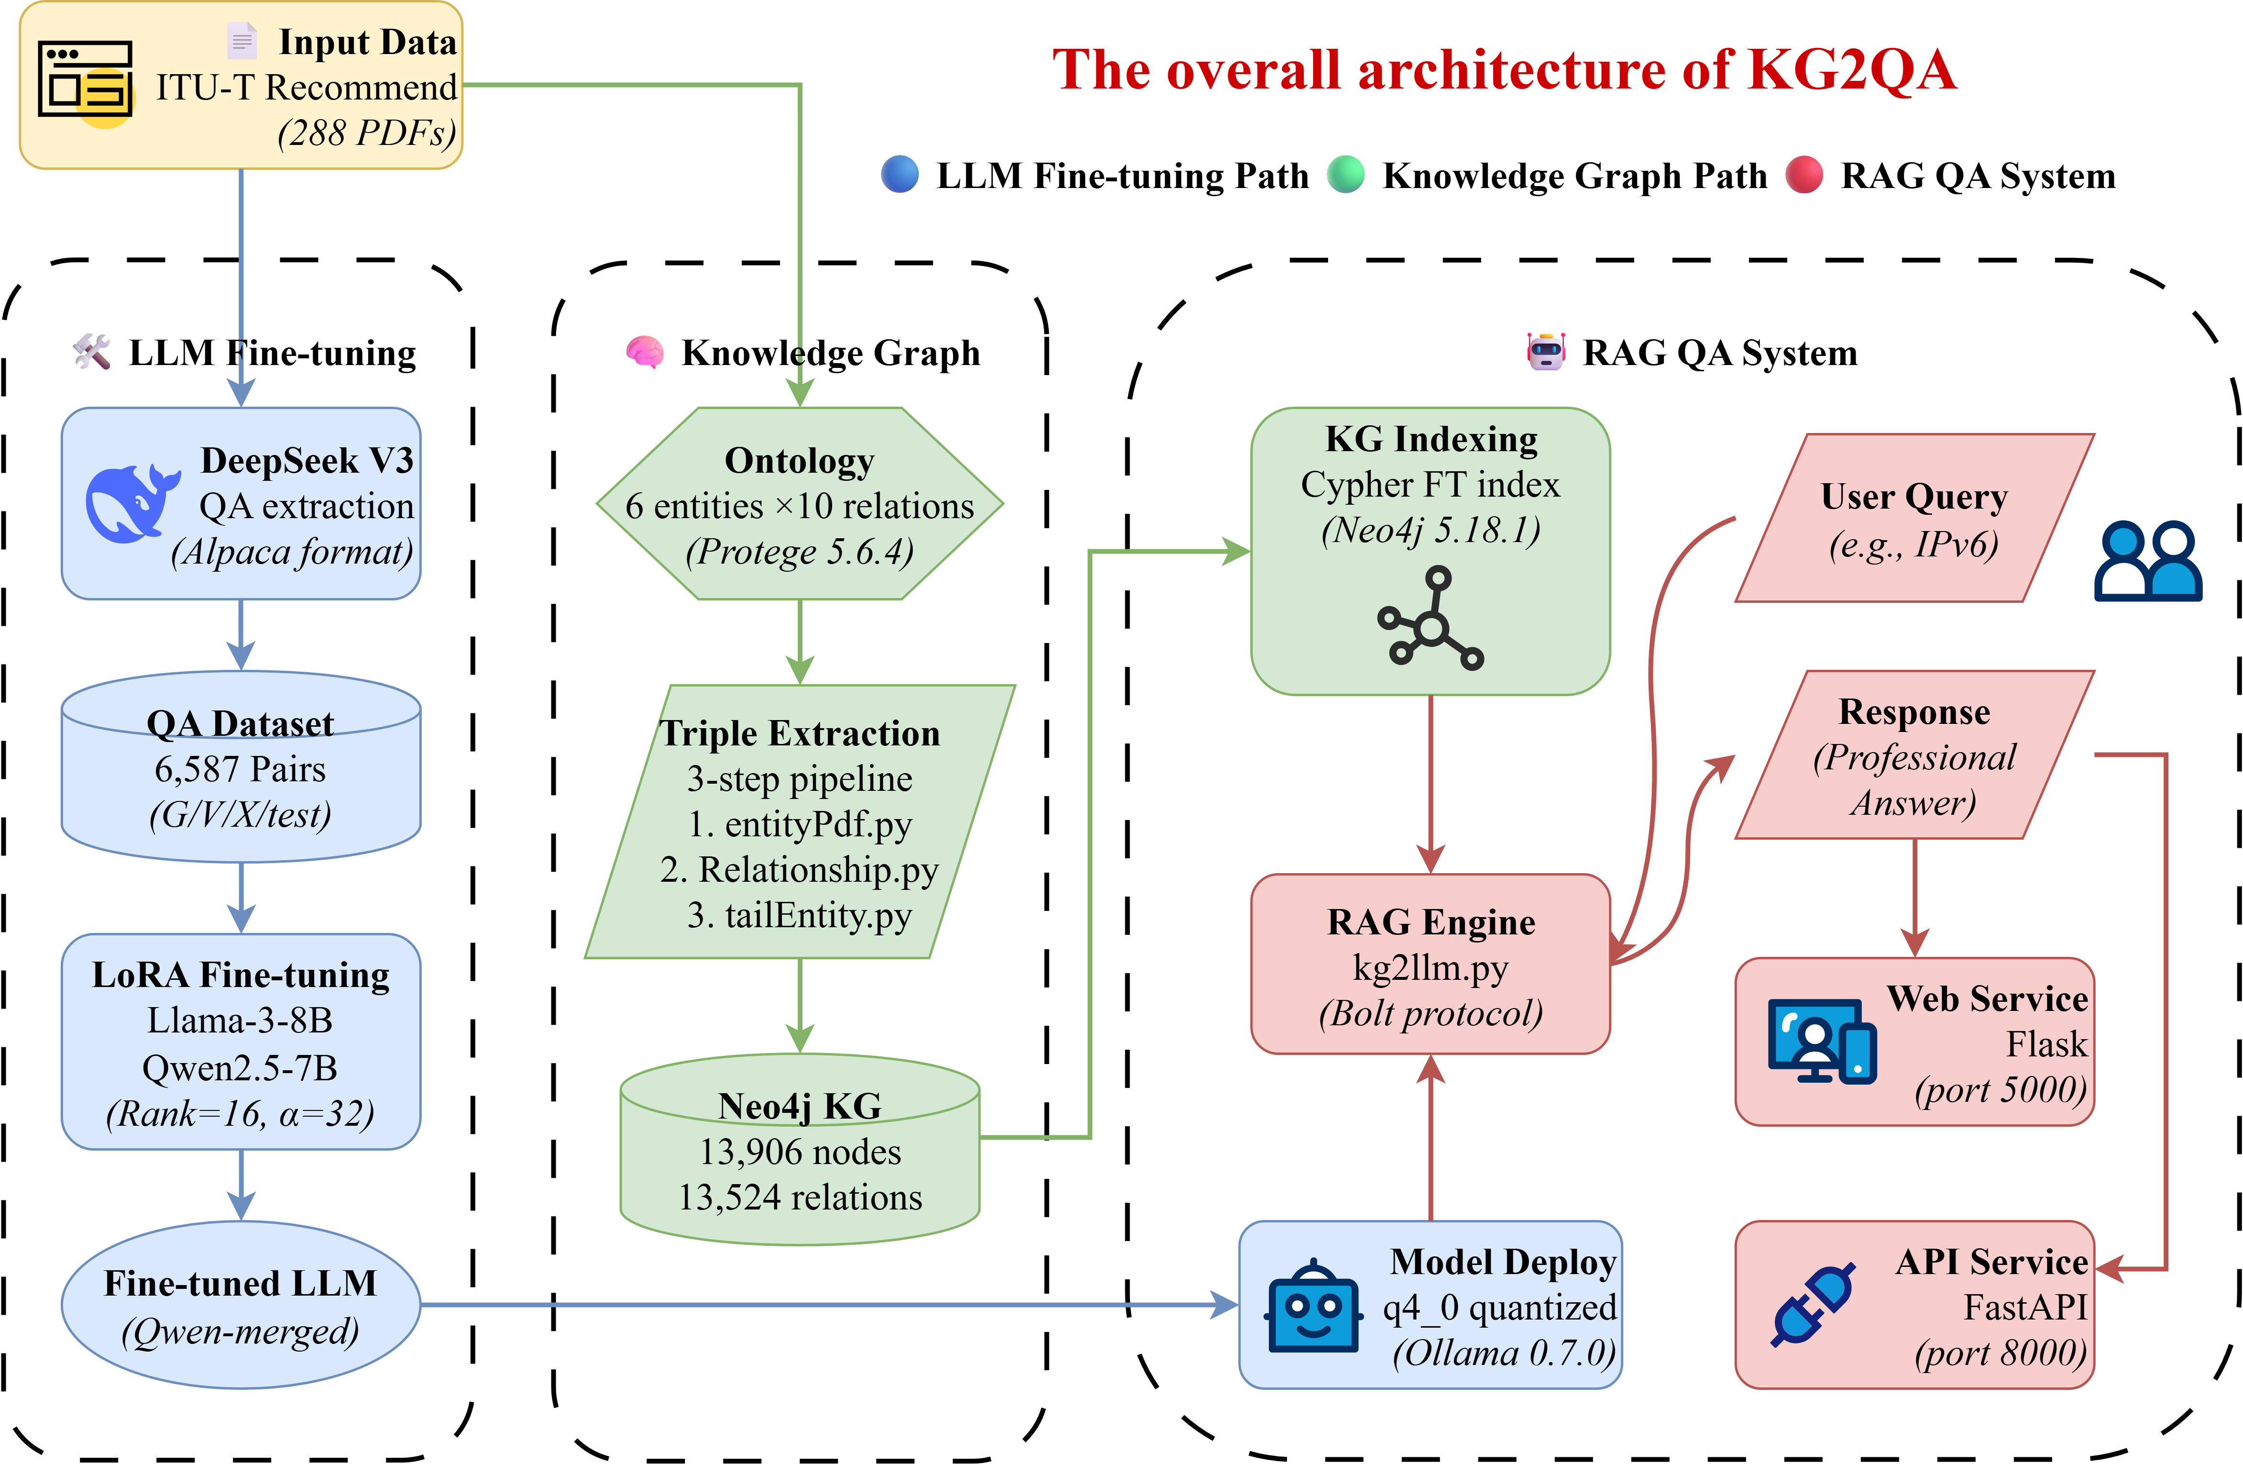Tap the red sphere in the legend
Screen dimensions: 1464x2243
[x=1804, y=175]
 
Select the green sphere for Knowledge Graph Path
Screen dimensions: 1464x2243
[x=1346, y=175]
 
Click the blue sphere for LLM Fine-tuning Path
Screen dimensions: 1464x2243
[x=900, y=175]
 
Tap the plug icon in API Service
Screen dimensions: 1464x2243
[x=1812, y=1305]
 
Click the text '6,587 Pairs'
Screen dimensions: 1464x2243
[x=240, y=769]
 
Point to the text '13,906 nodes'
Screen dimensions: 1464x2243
[x=800, y=1152]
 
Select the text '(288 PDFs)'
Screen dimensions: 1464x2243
[x=367, y=133]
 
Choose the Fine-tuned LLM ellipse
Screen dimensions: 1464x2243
[x=240, y=1305]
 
